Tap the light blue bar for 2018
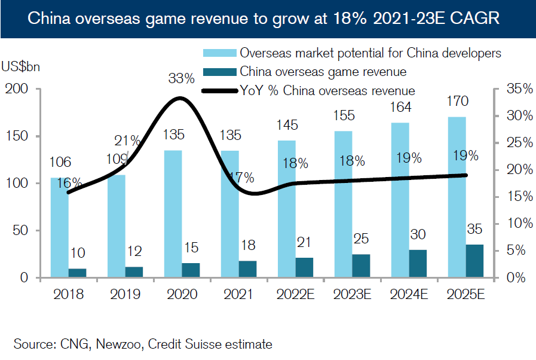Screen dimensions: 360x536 pyautogui.click(x=59, y=227)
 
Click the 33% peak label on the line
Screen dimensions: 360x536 pyautogui.click(x=181, y=78)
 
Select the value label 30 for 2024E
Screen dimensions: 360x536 pyautogui.click(x=418, y=234)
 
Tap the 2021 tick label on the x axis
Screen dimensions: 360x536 pyautogui.click(x=238, y=294)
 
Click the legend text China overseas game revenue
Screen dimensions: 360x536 pyautogui.click(x=323, y=72)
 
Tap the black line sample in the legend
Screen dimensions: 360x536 pyautogui.click(x=219, y=91)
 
